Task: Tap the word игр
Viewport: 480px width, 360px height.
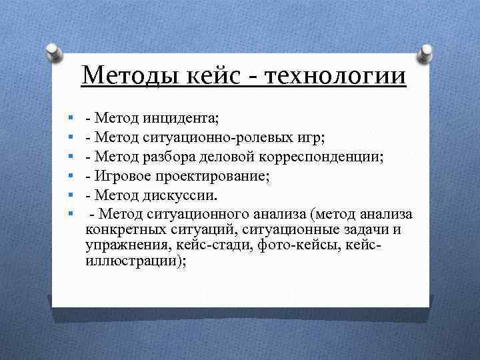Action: click(312, 139)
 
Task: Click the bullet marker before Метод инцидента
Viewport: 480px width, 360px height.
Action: click(70, 119)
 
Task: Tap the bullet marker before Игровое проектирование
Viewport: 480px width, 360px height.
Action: click(70, 177)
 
